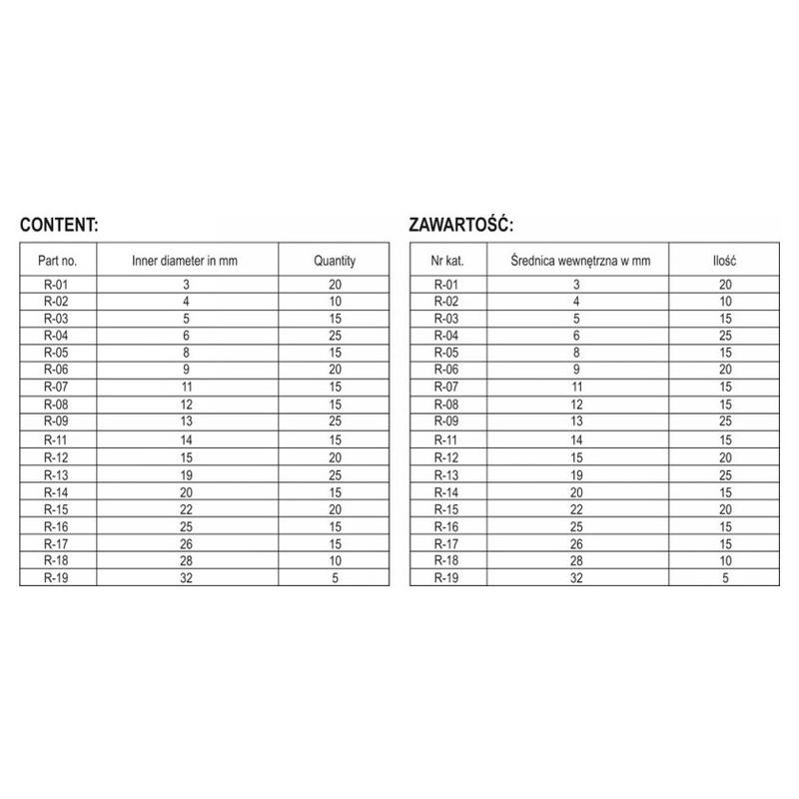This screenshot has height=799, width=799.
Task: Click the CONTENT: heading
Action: (x=59, y=224)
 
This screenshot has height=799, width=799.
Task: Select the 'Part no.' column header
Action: (x=57, y=261)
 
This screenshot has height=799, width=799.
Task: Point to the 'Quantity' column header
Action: (x=335, y=261)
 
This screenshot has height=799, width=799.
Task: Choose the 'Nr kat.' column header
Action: (x=446, y=261)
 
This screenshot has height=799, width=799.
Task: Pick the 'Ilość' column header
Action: (x=724, y=261)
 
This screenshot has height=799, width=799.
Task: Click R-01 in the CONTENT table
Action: (x=57, y=286)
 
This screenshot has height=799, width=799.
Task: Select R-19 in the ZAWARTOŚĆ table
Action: (x=446, y=578)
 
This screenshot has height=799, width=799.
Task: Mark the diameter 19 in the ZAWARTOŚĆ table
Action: (x=576, y=473)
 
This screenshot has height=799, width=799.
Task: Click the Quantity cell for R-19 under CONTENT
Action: (x=335, y=578)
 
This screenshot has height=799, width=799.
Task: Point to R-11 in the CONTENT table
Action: (x=57, y=438)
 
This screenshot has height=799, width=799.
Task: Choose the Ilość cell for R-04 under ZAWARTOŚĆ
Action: (x=724, y=335)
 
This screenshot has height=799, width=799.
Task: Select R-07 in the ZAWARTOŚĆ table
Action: (x=446, y=386)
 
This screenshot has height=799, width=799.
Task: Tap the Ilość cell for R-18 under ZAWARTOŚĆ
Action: (x=724, y=560)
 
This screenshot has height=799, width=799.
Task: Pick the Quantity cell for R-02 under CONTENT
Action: (x=335, y=301)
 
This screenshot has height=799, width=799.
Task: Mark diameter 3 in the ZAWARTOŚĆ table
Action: (x=576, y=286)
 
